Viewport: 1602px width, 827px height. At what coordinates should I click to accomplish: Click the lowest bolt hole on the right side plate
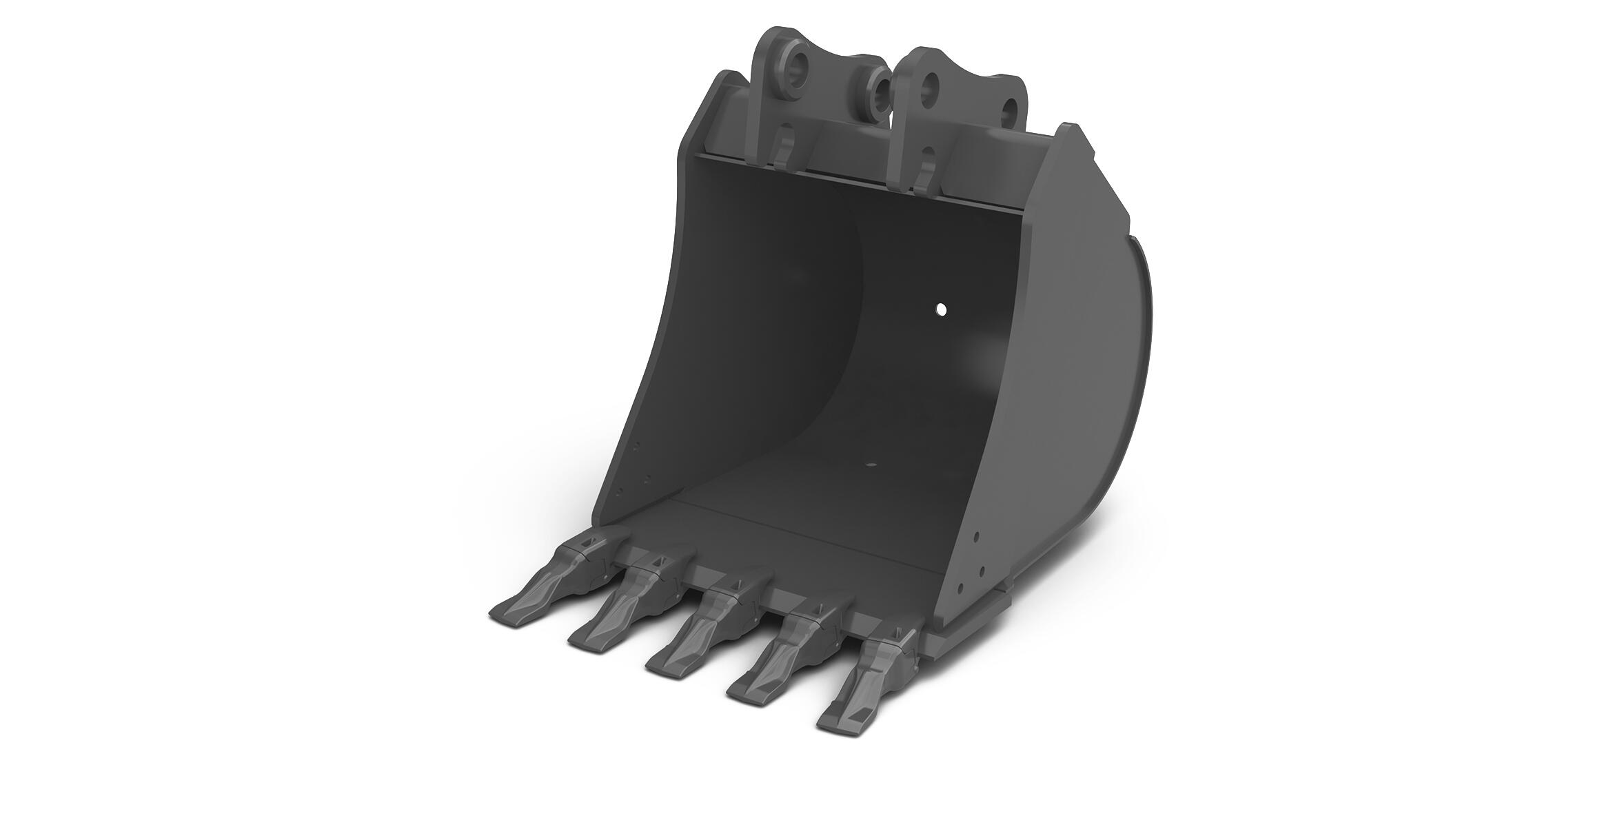(959, 588)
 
